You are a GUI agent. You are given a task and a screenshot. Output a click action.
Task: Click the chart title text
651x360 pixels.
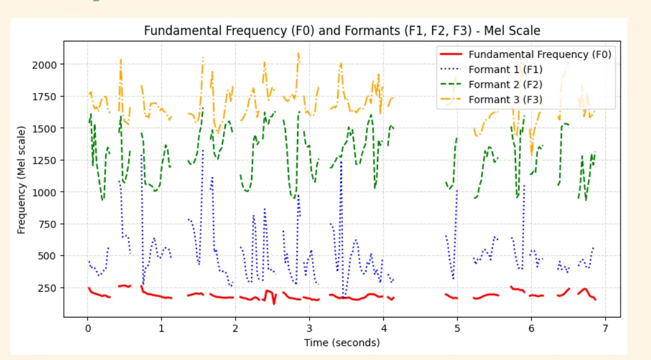[x=342, y=30]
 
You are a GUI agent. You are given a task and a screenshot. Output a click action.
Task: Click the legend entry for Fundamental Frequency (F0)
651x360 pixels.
[x=540, y=55]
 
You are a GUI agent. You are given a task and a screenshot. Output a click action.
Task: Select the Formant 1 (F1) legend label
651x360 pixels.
[x=505, y=69]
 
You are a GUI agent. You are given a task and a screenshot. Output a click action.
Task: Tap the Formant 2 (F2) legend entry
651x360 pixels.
[x=506, y=84]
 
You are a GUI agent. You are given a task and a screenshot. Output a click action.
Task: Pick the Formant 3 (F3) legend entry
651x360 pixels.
[x=506, y=99]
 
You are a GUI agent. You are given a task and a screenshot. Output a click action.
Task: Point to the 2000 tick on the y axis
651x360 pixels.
[x=45, y=64]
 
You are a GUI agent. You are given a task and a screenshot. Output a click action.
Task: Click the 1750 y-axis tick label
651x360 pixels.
[x=45, y=96]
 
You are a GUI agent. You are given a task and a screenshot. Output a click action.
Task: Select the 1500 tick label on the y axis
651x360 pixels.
[x=45, y=129]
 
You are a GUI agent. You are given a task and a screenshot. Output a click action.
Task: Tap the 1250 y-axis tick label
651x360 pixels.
[x=45, y=160]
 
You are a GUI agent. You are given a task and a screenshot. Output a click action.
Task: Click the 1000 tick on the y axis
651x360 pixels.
[x=45, y=192]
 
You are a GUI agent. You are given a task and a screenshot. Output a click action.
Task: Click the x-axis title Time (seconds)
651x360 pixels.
[x=342, y=343]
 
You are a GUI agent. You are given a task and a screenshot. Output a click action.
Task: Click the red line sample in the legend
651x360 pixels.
[x=451, y=55]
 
